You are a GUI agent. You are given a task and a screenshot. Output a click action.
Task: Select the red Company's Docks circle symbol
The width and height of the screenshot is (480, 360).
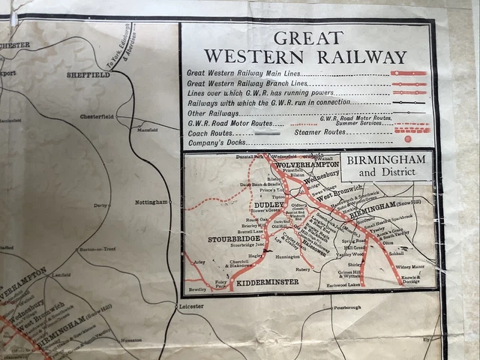[407, 139]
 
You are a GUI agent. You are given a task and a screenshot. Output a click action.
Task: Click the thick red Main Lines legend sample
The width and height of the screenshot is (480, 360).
[408, 73]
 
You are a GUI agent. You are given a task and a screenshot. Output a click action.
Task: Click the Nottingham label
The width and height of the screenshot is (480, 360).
[151, 202]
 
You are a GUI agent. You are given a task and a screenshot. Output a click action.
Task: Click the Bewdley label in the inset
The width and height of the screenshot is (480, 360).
[197, 287]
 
